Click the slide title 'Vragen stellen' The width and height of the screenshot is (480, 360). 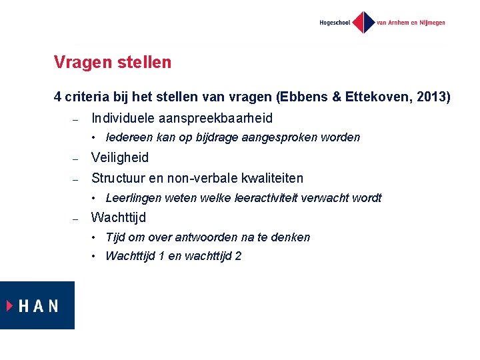point(113,63)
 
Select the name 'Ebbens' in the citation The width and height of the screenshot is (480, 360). point(300,97)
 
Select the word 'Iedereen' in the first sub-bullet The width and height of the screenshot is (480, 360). point(129,138)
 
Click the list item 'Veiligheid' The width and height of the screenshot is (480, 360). point(120,158)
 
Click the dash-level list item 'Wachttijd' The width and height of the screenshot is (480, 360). point(119,217)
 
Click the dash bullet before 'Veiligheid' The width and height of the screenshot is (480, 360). point(76,159)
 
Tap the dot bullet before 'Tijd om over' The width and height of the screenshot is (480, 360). point(96,237)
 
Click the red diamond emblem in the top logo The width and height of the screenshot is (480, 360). point(363,22)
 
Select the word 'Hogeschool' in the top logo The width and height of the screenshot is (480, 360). point(335,23)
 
